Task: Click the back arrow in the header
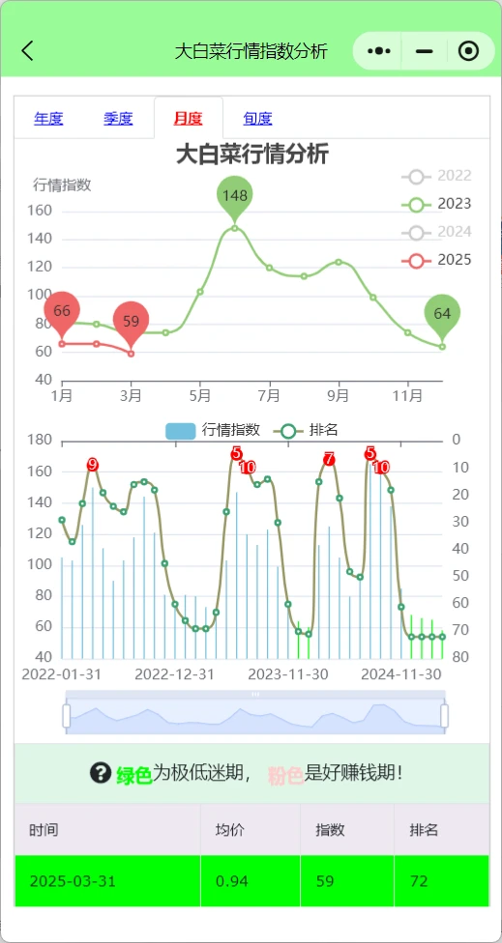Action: tap(27, 51)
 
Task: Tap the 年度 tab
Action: tap(48, 119)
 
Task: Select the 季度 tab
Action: tap(118, 119)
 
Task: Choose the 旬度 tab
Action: tap(257, 119)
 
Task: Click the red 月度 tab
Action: tap(188, 119)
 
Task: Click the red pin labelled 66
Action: tap(62, 311)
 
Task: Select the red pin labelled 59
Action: tap(132, 321)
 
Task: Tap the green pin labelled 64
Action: tap(442, 314)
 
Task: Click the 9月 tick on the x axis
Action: tap(339, 395)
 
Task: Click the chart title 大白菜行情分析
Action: tap(251, 155)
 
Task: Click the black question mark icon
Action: tap(100, 773)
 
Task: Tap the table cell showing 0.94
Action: tap(229, 881)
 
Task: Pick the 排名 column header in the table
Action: tap(424, 830)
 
